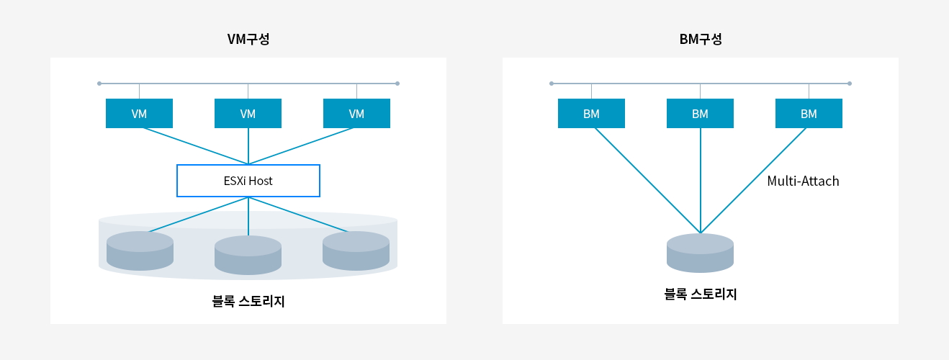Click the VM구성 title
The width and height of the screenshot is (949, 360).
[248, 39]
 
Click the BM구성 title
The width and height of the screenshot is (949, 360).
[701, 39]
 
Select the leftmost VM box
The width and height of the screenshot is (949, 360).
[140, 114]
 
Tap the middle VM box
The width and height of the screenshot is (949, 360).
[248, 114]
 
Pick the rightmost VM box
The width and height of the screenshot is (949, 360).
[356, 114]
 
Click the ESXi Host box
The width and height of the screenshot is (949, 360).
[248, 181]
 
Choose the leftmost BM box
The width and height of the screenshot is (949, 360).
[591, 114]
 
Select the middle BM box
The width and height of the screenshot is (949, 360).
[701, 114]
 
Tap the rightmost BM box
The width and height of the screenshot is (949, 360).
[809, 114]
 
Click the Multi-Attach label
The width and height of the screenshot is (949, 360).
[803, 181]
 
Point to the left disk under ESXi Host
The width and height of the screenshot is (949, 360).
[140, 251]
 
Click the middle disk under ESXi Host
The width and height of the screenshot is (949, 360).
[248, 255]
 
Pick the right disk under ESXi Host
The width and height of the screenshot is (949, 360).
[356, 251]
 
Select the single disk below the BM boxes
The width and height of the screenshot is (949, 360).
[701, 253]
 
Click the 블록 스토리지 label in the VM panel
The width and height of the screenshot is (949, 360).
[248, 301]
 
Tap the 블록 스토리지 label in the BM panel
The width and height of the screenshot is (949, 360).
[701, 294]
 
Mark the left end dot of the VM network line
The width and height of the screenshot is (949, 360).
[99, 84]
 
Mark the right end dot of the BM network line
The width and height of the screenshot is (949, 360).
[850, 84]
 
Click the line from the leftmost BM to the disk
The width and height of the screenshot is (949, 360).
[648, 181]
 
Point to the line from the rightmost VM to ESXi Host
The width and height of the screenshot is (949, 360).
[301, 146]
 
